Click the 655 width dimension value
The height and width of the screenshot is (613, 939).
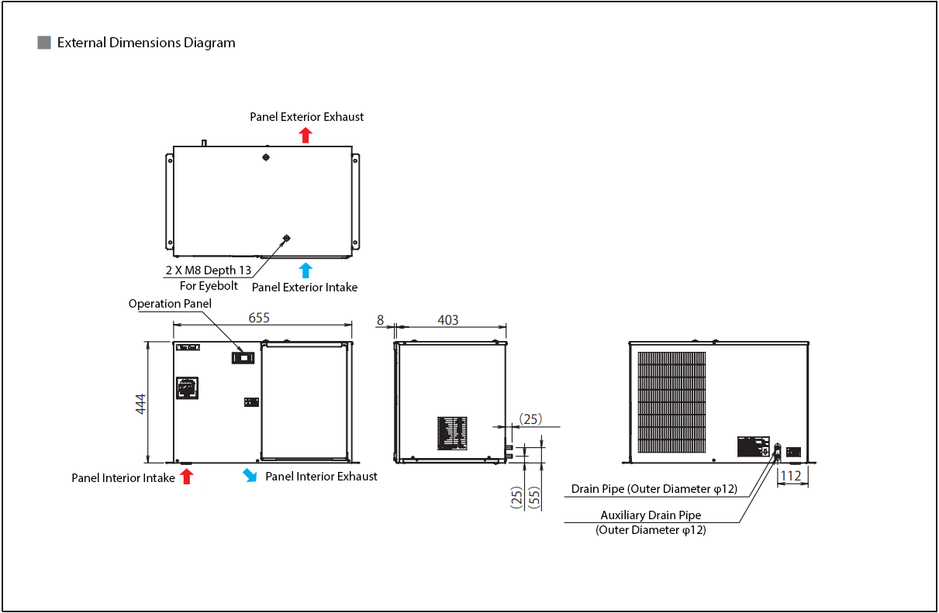click(x=260, y=318)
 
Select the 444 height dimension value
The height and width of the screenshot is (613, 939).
click(x=141, y=404)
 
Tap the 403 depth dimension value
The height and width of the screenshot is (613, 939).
click(x=448, y=319)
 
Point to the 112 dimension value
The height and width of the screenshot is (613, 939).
click(x=791, y=476)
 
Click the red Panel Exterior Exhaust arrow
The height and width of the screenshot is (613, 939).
click(x=306, y=135)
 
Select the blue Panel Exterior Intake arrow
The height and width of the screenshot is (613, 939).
click(x=306, y=270)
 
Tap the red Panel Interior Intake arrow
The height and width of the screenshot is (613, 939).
click(x=186, y=476)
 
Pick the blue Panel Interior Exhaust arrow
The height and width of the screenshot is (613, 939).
click(x=250, y=474)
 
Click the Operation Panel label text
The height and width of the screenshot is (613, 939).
click(x=170, y=304)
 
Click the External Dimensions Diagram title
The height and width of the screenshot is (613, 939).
click(x=146, y=43)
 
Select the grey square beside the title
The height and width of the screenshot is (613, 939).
click(x=44, y=43)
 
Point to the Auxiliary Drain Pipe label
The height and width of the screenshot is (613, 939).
click(x=651, y=515)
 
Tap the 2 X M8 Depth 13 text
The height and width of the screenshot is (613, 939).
click(x=209, y=270)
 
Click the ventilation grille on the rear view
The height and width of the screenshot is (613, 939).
click(x=671, y=403)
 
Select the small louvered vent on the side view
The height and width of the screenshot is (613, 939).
click(x=452, y=432)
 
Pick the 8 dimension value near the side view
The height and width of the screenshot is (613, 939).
click(x=380, y=319)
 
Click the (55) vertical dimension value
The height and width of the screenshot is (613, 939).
click(x=533, y=497)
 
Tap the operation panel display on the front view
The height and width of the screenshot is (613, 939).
click(x=243, y=357)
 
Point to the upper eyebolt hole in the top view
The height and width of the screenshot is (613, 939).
click(x=266, y=157)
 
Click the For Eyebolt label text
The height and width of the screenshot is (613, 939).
click(x=209, y=285)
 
